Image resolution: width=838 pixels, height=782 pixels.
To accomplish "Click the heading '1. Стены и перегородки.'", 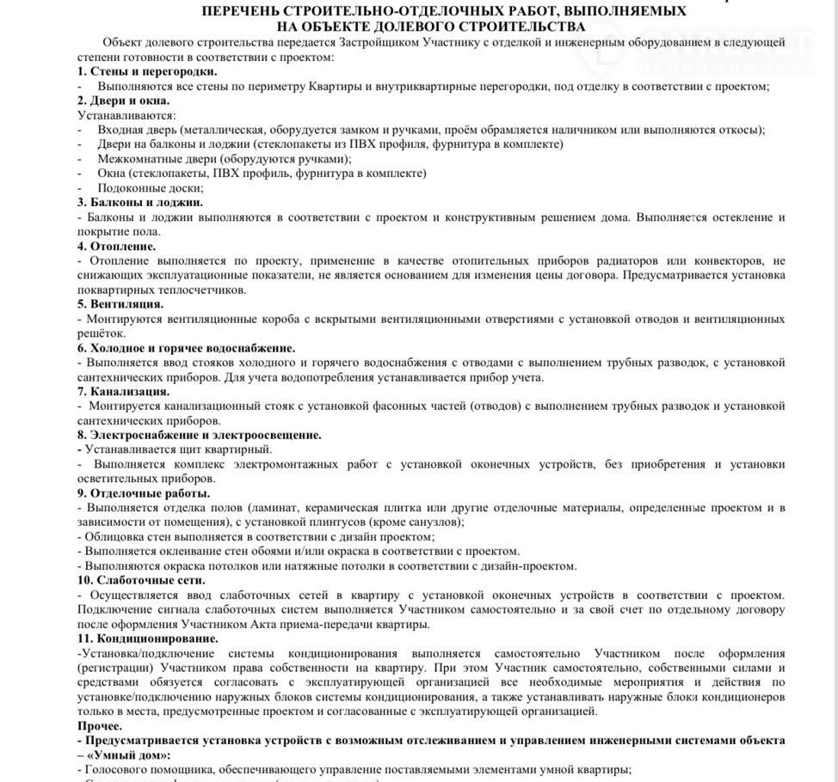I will [147, 71].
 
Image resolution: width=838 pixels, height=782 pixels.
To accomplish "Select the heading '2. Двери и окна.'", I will [124, 101].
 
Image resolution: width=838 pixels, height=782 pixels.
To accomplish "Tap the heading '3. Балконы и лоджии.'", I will [140, 203].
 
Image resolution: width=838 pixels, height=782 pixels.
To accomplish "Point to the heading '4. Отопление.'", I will [117, 247].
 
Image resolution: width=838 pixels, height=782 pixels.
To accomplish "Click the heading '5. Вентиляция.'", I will [120, 304].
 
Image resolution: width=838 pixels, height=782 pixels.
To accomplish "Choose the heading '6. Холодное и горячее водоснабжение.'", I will [186, 348].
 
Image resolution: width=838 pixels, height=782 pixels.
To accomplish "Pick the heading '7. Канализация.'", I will [124, 392].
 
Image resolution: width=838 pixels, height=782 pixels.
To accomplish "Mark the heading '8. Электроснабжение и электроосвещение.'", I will [200, 436].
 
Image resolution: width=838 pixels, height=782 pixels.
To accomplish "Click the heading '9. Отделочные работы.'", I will [144, 493].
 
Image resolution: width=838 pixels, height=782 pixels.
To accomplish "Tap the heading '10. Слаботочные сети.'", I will [142, 580].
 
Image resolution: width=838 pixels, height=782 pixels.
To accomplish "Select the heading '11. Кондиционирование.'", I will [148, 638].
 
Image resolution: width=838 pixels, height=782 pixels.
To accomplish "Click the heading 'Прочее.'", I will [100, 726].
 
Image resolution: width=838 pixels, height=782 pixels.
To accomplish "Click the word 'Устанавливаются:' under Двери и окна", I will [126, 115].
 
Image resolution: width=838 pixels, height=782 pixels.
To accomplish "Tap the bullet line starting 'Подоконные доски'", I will [151, 188].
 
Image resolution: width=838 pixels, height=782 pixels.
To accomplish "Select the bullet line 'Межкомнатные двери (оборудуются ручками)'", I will [225, 159].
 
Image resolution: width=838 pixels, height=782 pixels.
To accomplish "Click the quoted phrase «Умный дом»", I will [128, 755].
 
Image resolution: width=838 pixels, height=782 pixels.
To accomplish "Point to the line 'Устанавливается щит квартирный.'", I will [178, 449].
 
